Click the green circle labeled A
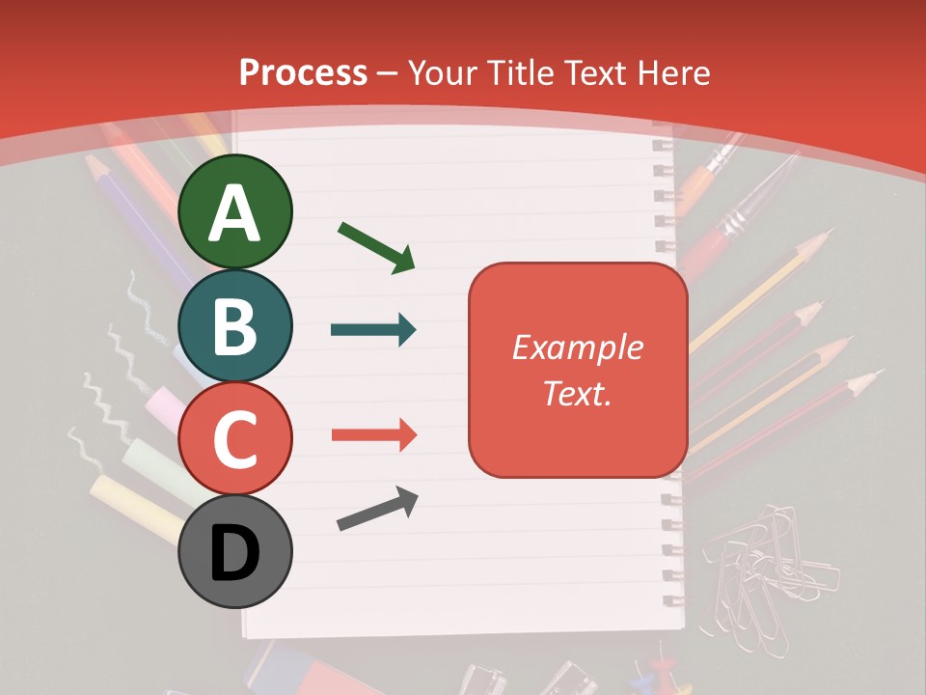(x=234, y=211)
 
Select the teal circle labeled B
(x=234, y=325)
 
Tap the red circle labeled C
(x=234, y=438)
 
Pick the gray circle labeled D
(x=234, y=551)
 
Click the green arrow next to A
(x=376, y=246)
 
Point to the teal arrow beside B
(x=373, y=330)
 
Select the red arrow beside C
(x=373, y=435)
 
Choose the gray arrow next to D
(x=377, y=509)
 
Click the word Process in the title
(x=303, y=72)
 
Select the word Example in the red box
(x=577, y=347)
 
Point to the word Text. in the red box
(x=577, y=394)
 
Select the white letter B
(x=234, y=325)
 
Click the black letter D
(x=234, y=553)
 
